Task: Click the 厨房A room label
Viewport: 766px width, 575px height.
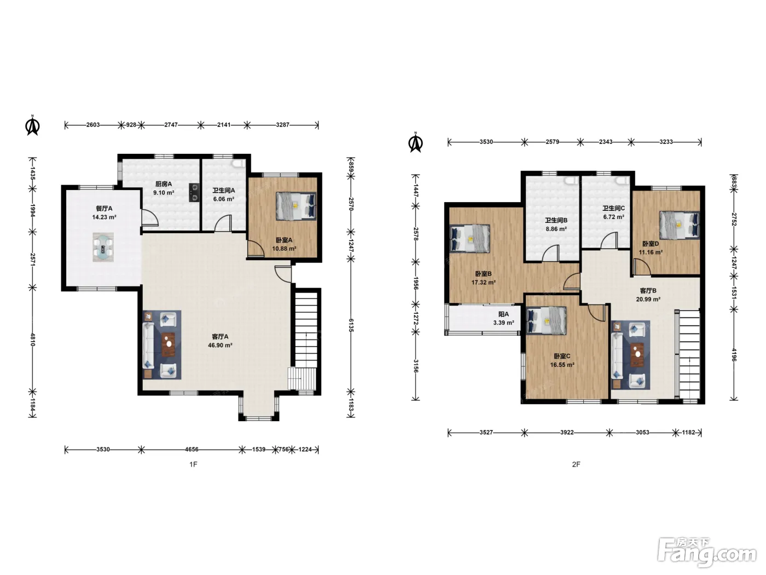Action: click(163, 184)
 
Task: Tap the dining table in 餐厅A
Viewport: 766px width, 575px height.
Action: click(103, 247)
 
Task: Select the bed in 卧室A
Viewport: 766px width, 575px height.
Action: click(297, 206)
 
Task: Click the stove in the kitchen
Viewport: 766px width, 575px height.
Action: click(194, 193)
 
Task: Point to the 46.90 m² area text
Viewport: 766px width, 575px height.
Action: click(220, 346)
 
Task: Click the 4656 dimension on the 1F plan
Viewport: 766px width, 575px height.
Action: click(191, 449)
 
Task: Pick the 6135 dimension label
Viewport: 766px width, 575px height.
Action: click(351, 325)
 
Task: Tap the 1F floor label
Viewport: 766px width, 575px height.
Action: click(193, 464)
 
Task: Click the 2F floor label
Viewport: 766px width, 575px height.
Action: click(576, 464)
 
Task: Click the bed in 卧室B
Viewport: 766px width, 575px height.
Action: click(469, 238)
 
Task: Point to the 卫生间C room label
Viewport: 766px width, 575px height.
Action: click(613, 208)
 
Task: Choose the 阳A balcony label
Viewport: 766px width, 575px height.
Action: click(503, 314)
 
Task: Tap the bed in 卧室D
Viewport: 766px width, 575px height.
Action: click(680, 225)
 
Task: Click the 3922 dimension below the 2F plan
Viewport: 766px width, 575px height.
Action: click(567, 432)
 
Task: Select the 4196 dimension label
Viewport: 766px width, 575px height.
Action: click(734, 355)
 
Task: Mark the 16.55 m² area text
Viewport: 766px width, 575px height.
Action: click(562, 365)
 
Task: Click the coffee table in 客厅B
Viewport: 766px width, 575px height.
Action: click(637, 355)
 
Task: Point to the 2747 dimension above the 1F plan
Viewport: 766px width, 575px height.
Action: click(171, 125)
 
